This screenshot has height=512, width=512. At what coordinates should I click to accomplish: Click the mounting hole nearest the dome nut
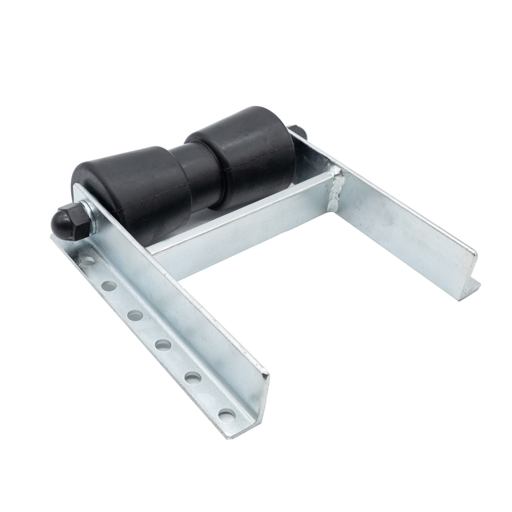click(85, 261)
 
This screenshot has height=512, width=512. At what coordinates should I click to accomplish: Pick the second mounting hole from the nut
click(109, 285)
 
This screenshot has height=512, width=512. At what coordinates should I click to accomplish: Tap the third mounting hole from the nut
click(135, 315)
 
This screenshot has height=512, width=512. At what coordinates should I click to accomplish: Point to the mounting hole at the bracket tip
click(226, 414)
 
